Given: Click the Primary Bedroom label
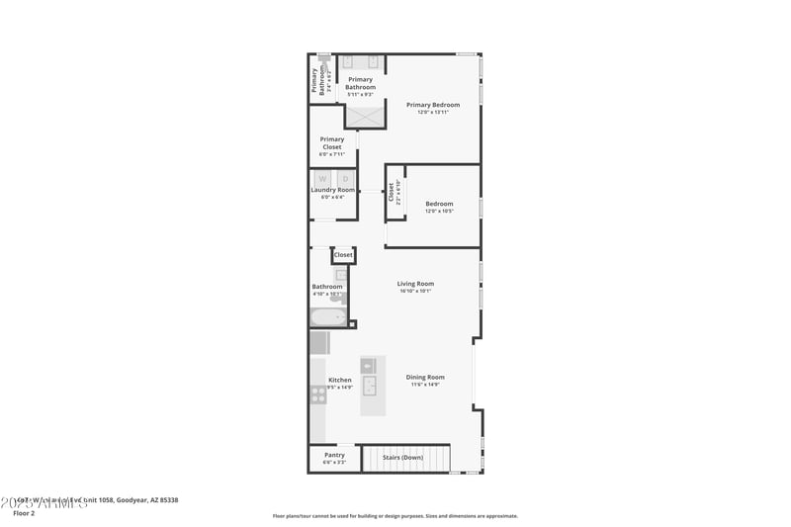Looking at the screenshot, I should pyautogui.click(x=433, y=105).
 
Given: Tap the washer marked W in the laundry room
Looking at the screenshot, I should pyautogui.click(x=322, y=179).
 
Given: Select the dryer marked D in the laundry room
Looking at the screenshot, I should pyautogui.click(x=345, y=179).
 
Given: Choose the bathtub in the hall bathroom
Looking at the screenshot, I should pyautogui.click(x=327, y=317).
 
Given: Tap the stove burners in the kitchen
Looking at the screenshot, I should pyautogui.click(x=319, y=394).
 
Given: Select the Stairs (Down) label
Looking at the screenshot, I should pyautogui.click(x=403, y=456).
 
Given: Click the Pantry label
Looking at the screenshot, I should pyautogui.click(x=334, y=455).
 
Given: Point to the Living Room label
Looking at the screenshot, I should pyautogui.click(x=415, y=284).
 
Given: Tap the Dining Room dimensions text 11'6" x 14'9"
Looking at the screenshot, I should pyautogui.click(x=424, y=384).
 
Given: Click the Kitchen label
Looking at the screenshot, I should pyautogui.click(x=340, y=380).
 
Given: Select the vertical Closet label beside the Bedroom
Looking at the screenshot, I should pyautogui.click(x=392, y=192).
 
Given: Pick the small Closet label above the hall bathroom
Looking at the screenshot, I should pyautogui.click(x=343, y=255).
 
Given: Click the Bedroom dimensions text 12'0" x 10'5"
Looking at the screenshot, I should pyautogui.click(x=439, y=212).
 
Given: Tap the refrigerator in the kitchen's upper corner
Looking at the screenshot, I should pyautogui.click(x=319, y=342).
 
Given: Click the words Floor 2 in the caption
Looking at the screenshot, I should pyautogui.click(x=24, y=513).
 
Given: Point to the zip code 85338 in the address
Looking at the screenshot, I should pyautogui.click(x=168, y=500).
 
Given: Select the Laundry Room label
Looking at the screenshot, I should pyautogui.click(x=332, y=190).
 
